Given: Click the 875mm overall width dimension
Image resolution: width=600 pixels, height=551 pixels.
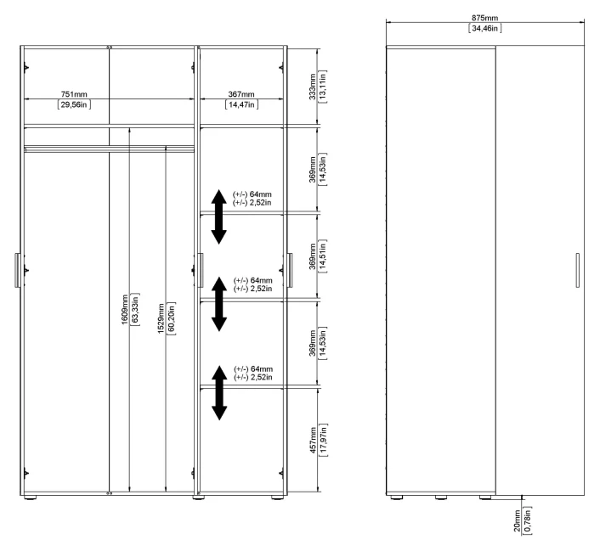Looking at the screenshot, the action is point(484,18).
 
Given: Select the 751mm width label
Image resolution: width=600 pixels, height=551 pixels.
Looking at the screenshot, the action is point(74,94).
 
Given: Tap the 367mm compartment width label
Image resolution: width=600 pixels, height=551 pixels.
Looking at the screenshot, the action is point(241,94).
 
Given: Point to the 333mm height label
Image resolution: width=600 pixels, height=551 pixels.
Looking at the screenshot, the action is point(313,87).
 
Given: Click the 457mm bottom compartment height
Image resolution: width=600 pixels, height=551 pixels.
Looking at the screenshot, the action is point(313,440).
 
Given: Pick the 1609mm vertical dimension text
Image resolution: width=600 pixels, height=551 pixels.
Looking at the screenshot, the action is point(125,309).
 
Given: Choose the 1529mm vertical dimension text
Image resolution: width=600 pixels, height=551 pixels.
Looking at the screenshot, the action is point(161,318).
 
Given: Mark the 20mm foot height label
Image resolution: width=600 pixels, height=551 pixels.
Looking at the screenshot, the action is point(517,520).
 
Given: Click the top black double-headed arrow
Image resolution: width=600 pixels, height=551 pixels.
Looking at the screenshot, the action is point(219,216).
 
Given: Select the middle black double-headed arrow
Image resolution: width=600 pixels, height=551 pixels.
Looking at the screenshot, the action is point(219,304).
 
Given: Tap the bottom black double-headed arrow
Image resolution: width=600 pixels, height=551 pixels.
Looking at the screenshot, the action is point(219,393).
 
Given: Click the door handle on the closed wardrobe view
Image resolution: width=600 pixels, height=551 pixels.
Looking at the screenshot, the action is point(577,270).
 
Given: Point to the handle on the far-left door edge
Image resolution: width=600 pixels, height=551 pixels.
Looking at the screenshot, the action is point(18,270).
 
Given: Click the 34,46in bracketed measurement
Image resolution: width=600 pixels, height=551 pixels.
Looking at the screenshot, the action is point(484,28).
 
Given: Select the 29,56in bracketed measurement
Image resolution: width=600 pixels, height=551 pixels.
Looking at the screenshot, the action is point(74,104).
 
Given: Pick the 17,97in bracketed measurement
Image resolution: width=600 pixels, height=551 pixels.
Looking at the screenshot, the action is point(323,440).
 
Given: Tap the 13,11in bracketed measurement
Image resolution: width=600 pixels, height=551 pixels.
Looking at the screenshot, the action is point(323,87).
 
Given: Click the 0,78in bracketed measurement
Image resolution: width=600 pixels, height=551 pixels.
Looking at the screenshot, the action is point(527,520).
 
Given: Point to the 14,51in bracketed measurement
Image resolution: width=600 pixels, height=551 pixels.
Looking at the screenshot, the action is point(323,256).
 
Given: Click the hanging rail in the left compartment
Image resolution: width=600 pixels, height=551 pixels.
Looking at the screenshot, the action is point(109,149).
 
